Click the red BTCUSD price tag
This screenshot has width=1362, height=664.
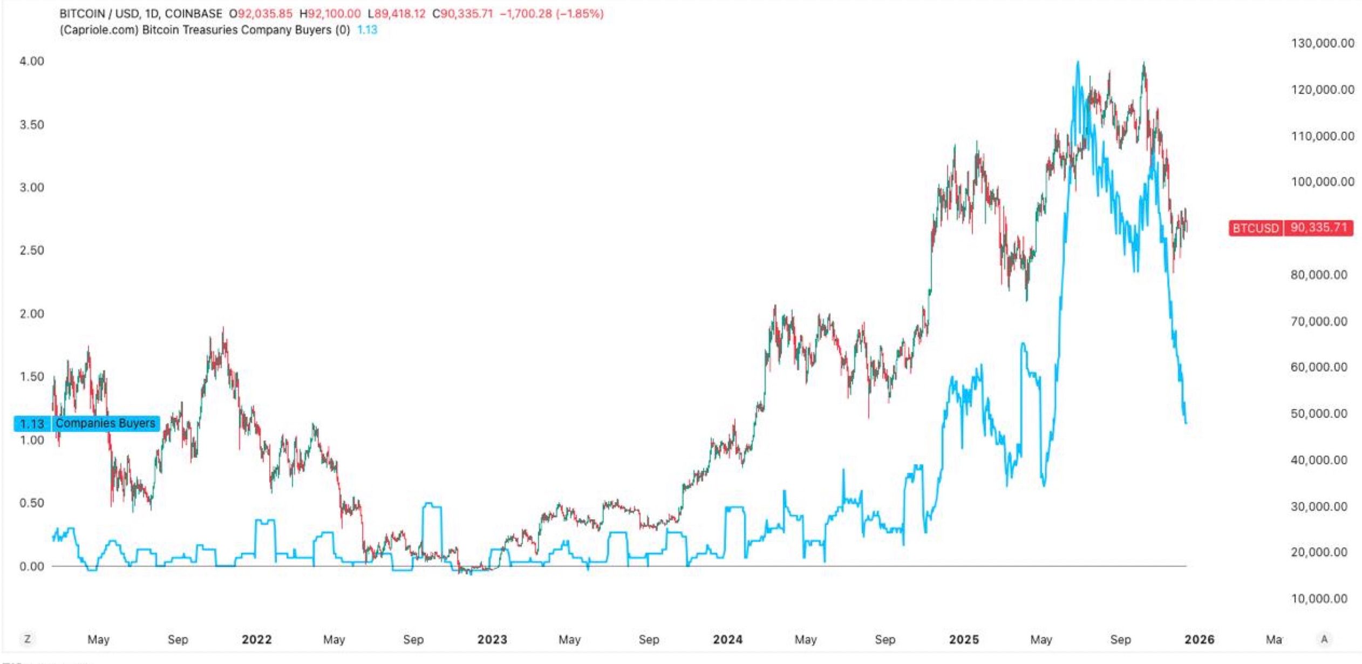click(1291, 228)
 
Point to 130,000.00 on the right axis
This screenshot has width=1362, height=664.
click(1322, 43)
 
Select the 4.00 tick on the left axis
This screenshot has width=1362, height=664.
click(32, 61)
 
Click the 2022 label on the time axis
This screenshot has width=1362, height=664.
click(256, 640)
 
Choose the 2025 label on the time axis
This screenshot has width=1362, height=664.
click(964, 640)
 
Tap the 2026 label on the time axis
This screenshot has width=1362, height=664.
click(1199, 640)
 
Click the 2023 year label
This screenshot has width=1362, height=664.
click(492, 640)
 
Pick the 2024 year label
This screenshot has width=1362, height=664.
click(727, 640)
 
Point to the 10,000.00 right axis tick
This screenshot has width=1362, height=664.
click(1319, 599)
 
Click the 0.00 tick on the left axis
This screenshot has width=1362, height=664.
click(32, 566)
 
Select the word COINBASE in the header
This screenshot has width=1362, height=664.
click(193, 13)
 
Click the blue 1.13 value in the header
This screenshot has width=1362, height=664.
click(367, 30)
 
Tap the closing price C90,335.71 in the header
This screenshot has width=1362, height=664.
click(463, 13)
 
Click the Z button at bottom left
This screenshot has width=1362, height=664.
click(27, 639)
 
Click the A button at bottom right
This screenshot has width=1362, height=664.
click(1324, 639)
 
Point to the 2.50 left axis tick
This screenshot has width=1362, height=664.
click(32, 250)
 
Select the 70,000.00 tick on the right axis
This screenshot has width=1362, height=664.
click(1319, 321)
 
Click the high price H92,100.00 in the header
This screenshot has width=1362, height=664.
click(330, 13)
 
